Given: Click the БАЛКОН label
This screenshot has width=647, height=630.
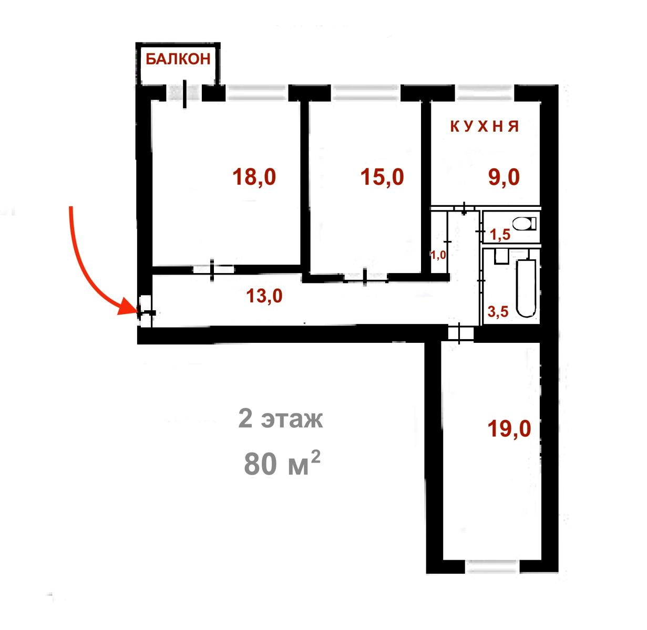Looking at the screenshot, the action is click(x=178, y=59).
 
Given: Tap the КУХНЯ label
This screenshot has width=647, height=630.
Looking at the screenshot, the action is click(x=485, y=127).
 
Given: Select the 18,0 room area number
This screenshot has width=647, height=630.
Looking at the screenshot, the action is click(x=254, y=177).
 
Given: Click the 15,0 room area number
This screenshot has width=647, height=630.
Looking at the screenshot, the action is click(x=382, y=177).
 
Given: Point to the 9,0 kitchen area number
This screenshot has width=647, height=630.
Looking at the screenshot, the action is click(x=504, y=177).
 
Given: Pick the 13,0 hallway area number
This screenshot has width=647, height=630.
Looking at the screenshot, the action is click(x=264, y=296).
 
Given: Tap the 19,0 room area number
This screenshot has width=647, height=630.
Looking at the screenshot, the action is click(x=509, y=429).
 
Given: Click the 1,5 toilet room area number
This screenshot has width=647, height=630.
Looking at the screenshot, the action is click(x=500, y=235).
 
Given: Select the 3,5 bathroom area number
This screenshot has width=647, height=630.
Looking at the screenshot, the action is click(x=498, y=312).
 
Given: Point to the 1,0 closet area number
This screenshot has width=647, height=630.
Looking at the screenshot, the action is click(x=438, y=255).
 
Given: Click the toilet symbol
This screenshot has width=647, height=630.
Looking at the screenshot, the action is click(x=525, y=224).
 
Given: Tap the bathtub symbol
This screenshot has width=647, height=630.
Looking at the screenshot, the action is click(x=526, y=288).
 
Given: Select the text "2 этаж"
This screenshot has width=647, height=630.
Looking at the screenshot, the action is click(x=281, y=419).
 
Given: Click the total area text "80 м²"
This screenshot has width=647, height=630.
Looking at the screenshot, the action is click(x=282, y=463).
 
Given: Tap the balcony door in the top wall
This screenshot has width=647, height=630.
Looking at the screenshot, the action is click(x=184, y=93).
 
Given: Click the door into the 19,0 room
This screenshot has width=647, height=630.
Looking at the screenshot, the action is click(x=460, y=333).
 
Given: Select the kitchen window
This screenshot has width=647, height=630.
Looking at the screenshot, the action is click(x=485, y=92).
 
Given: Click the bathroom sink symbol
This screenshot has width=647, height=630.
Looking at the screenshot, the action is click(x=502, y=257).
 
